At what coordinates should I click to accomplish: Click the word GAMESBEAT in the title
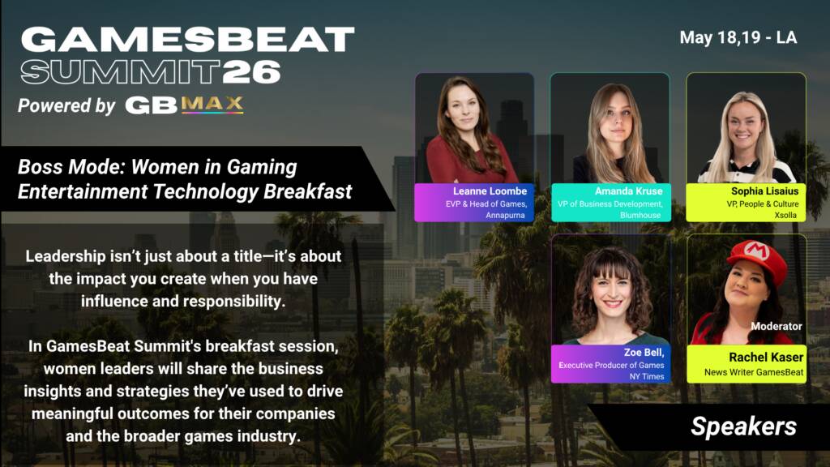click(187, 40)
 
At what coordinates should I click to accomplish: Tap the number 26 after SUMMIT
click(251, 72)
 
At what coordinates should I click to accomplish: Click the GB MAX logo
click(184, 105)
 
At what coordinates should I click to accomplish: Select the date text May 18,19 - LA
click(738, 37)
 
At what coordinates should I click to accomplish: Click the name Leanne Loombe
click(490, 191)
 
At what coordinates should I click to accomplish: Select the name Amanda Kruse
click(628, 191)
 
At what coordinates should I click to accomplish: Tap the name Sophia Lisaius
click(764, 191)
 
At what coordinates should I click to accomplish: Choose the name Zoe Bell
click(644, 353)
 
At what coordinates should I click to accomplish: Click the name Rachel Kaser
click(766, 358)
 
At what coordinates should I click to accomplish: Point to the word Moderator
click(776, 327)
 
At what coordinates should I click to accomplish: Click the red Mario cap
click(758, 258)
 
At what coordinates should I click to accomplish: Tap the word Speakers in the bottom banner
click(743, 426)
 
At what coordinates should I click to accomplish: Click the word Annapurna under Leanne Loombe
click(505, 216)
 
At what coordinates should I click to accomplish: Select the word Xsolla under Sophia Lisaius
click(785, 216)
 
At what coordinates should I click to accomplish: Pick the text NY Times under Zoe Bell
click(646, 376)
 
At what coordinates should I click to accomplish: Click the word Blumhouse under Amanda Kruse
click(640, 216)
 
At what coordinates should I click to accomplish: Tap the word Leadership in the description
click(66, 257)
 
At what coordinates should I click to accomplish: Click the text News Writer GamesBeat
click(754, 372)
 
